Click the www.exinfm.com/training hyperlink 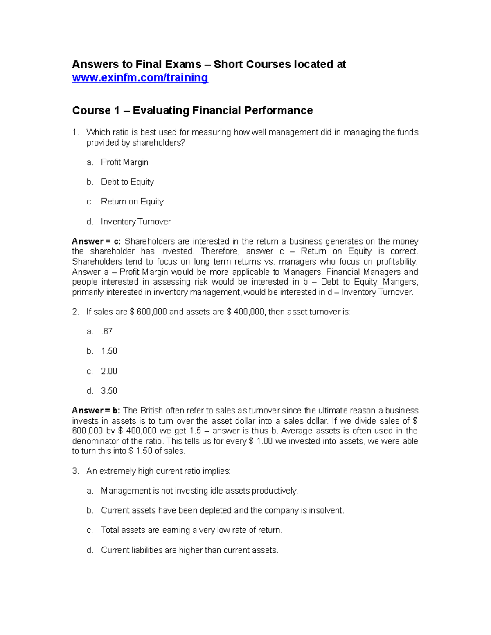click(x=140, y=78)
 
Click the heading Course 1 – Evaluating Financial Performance click(x=192, y=110)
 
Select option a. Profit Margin click(x=124, y=162)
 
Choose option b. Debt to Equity click(x=127, y=182)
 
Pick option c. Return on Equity click(x=132, y=202)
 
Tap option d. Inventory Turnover click(x=136, y=222)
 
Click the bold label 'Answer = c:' click(x=96, y=241)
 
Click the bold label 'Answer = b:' click(x=96, y=411)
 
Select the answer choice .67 click(x=107, y=332)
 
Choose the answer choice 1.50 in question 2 click(x=109, y=351)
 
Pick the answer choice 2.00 click(x=109, y=371)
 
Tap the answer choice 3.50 click(x=109, y=391)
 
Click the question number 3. click(x=75, y=471)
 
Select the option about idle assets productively click(x=199, y=491)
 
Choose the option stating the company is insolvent click(x=222, y=510)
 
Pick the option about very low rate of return click(x=191, y=530)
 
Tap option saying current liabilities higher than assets click(x=189, y=550)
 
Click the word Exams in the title click(x=183, y=65)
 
